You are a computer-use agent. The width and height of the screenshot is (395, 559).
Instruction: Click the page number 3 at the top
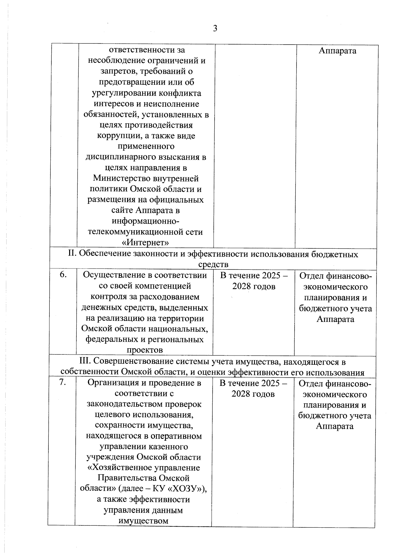tap(215, 29)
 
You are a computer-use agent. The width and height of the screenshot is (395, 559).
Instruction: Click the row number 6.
tap(64, 275)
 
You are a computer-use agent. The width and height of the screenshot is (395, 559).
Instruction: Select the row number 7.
tap(63, 383)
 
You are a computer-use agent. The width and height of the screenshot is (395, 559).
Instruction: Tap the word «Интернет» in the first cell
tap(145, 243)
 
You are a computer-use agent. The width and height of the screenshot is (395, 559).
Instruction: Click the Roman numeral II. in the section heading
tap(72, 254)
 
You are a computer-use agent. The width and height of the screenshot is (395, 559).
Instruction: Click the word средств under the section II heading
tap(213, 264)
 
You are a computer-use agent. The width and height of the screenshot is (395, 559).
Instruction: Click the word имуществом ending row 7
tap(143, 521)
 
